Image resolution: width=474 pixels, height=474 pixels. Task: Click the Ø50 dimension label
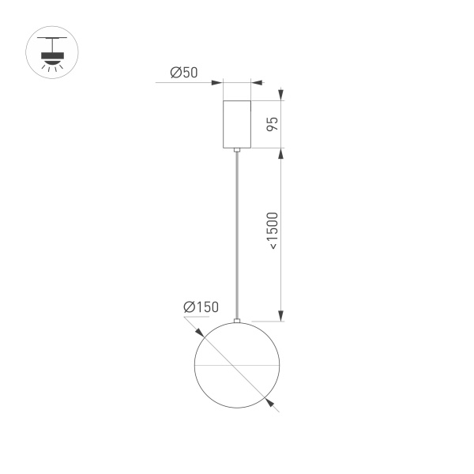[x=184, y=73]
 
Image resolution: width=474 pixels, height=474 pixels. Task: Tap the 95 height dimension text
[x=272, y=124]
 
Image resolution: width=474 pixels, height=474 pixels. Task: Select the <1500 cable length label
[x=272, y=231]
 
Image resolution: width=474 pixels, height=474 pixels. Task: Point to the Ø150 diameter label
[x=201, y=307]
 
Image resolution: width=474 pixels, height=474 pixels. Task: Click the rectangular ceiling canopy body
[x=236, y=124]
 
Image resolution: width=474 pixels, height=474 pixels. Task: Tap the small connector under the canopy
[x=236, y=150]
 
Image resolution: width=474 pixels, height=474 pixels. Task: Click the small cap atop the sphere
[x=236, y=321]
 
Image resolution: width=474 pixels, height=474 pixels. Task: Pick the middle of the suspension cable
[x=236, y=235]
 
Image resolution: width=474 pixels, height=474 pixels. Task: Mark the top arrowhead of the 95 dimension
[x=280, y=104]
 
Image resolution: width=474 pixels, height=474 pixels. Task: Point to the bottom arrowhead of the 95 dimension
[x=280, y=143]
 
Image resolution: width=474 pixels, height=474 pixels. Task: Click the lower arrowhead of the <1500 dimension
[x=280, y=318]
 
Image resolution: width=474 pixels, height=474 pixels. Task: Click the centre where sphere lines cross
[x=236, y=367]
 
